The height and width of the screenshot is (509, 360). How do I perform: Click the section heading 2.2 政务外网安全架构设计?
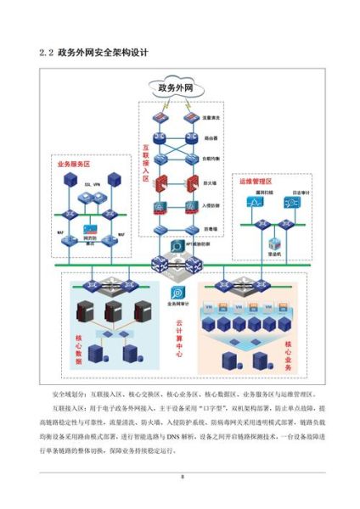click(x=93, y=53)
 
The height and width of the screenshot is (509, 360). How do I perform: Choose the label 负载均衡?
click(x=214, y=159)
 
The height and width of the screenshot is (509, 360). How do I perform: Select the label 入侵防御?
click(x=214, y=205)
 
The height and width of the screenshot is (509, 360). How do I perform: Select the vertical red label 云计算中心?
click(x=179, y=339)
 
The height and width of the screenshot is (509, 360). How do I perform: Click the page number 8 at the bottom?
click(x=180, y=479)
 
